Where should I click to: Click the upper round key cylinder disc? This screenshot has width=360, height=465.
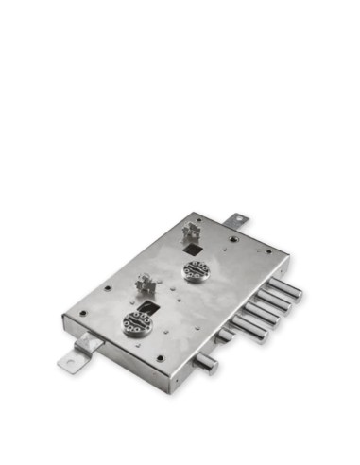click(197, 271)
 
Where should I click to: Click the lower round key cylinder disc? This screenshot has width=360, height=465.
click(137, 322)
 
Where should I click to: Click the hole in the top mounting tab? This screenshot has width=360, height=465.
click(241, 221)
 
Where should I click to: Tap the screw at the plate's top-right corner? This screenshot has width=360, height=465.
click(267, 251)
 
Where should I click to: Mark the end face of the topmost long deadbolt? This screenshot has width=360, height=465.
click(299, 294)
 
